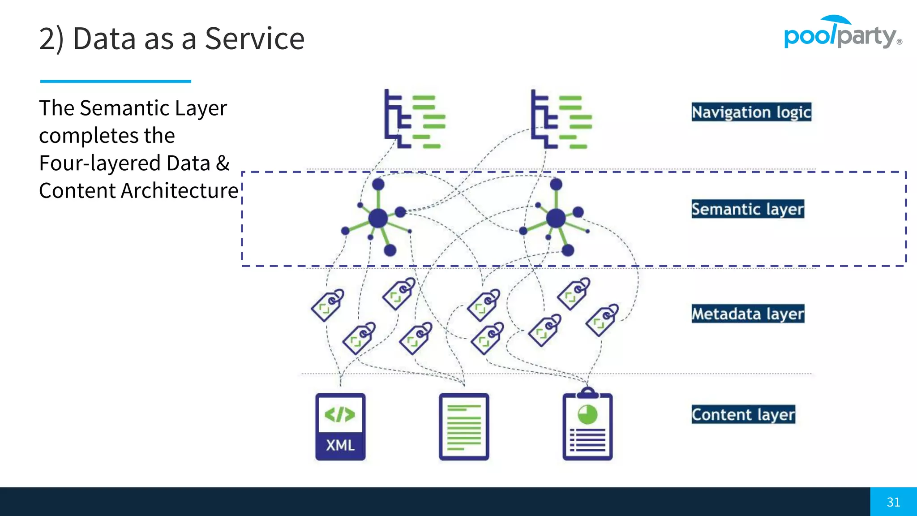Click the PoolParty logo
tap(842, 34)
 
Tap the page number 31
tap(893, 502)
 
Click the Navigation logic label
tap(751, 112)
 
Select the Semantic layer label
tap(747, 209)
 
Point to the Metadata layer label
tap(747, 314)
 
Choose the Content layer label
tap(743, 414)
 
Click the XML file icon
tap(340, 427)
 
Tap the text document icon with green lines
tap(464, 427)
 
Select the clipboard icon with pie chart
tap(587, 426)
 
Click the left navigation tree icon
tap(414, 120)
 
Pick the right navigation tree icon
tap(561, 120)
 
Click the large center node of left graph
tap(378, 219)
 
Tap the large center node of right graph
tap(556, 219)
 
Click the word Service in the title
tap(254, 39)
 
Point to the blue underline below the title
tap(116, 81)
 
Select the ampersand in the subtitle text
tap(223, 163)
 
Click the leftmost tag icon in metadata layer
tap(328, 305)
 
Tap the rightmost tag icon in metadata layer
tap(602, 320)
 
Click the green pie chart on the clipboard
tap(587, 414)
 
